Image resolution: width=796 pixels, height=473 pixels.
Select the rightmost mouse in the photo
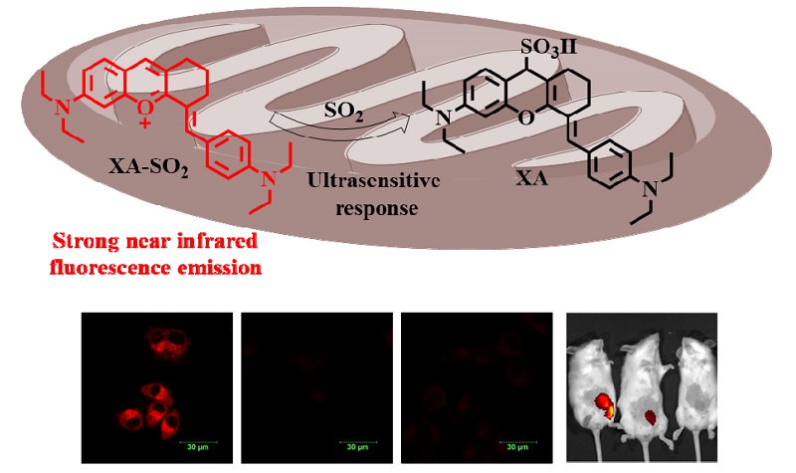click(691, 388)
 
